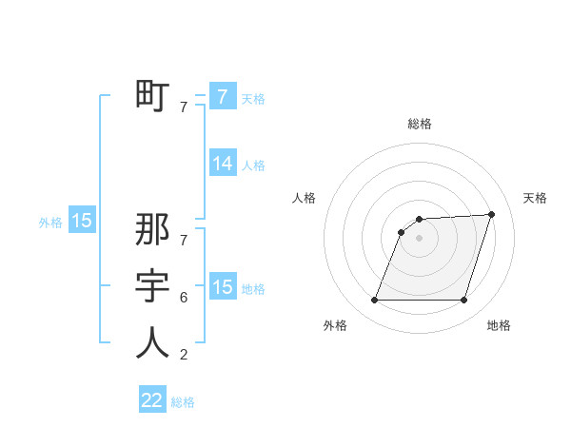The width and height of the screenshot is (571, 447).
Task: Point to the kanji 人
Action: (152, 342)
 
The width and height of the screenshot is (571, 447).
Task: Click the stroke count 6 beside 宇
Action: (184, 298)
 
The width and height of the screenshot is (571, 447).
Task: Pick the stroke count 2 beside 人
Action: (184, 355)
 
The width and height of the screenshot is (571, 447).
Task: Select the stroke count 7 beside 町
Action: (184, 107)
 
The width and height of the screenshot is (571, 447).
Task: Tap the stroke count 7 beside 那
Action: (184, 231)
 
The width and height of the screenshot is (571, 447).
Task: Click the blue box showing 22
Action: (152, 400)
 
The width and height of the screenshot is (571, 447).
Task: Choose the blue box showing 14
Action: (223, 164)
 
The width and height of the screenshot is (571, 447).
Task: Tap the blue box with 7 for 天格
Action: (223, 96)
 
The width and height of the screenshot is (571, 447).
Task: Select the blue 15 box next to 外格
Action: (82, 221)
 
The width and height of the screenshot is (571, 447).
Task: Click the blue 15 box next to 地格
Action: (223, 286)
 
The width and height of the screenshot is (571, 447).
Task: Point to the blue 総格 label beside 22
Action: (183, 402)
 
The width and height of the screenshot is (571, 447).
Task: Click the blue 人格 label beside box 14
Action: (253, 165)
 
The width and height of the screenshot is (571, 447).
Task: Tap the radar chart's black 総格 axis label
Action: (420, 124)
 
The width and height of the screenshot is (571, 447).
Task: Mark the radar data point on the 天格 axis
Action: (492, 214)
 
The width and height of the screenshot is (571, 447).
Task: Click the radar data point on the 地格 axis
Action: (463, 301)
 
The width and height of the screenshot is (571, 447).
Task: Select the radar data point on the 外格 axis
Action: (375, 301)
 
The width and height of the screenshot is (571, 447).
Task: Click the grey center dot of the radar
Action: (420, 239)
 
